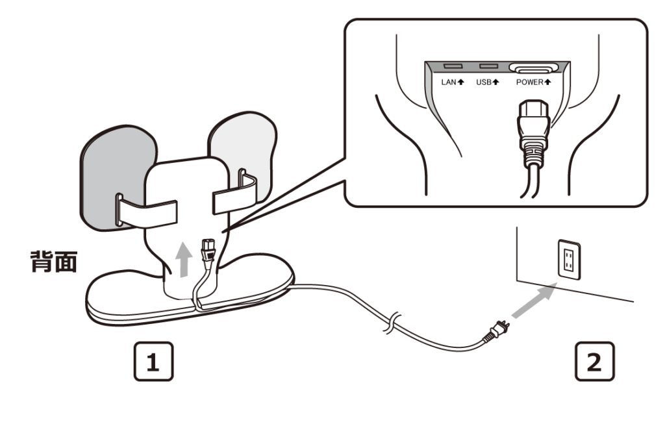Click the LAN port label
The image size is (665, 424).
449,82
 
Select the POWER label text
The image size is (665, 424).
529,82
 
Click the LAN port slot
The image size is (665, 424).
452,67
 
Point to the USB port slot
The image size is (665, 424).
488,67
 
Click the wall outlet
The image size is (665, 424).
569,260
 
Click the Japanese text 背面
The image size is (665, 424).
54,262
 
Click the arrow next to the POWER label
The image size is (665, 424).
548,82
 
